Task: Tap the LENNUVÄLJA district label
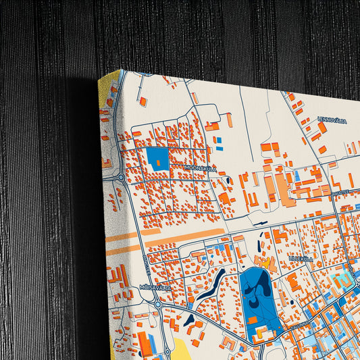click(x=332, y=120)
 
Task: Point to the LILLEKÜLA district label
click(x=301, y=258)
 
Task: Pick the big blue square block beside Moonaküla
click(x=157, y=158)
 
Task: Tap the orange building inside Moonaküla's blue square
click(x=158, y=163)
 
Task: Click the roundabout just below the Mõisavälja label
click(x=157, y=303)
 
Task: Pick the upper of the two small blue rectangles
click(x=218, y=139)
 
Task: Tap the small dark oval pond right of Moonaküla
click(x=230, y=180)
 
